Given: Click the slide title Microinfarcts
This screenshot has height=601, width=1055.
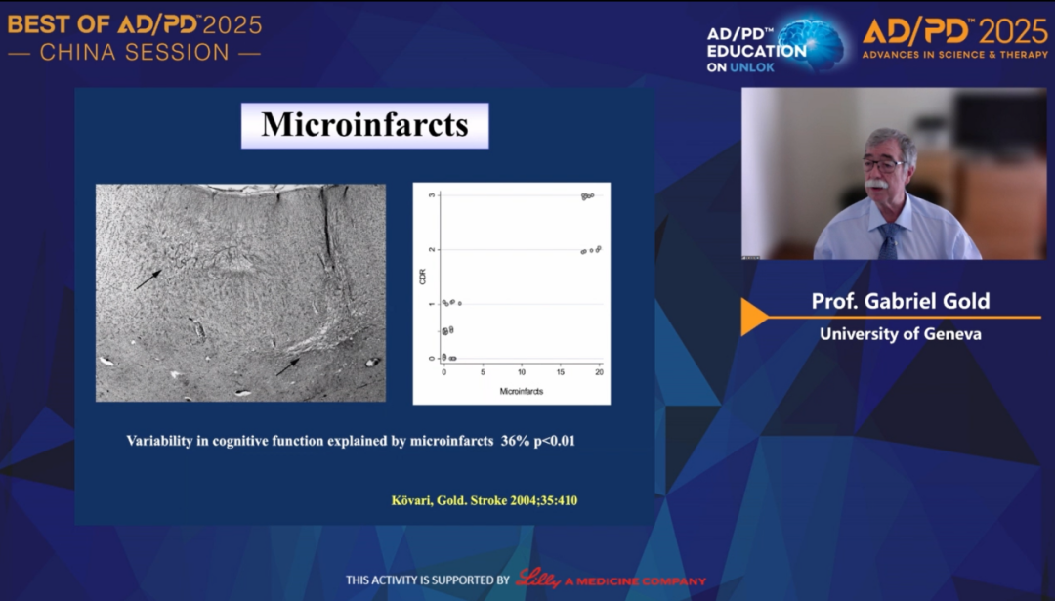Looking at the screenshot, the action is click(364, 125).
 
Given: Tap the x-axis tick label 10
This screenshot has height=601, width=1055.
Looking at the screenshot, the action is click(522, 371).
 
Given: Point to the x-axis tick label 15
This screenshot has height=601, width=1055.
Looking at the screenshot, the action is click(561, 371).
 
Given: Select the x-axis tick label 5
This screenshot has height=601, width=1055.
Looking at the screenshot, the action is click(483, 371).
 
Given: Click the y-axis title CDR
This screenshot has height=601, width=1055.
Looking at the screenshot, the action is click(423, 277).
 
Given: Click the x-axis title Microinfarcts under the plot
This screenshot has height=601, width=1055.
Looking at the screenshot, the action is click(522, 391).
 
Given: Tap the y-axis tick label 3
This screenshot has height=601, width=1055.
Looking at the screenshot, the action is click(432, 195).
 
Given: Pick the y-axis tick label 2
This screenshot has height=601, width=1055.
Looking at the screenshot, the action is click(432, 250).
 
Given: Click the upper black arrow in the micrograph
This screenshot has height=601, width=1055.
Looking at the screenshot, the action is click(148, 279).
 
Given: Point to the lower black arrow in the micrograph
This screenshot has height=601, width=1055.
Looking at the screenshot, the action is click(288, 366).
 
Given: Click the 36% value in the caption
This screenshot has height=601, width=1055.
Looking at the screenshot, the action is click(516, 441).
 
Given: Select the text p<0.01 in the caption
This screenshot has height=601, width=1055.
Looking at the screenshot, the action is click(555, 441).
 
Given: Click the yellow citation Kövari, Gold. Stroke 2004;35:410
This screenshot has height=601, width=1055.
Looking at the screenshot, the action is click(485, 500).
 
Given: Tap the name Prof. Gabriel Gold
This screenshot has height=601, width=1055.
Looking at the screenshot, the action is click(901, 301).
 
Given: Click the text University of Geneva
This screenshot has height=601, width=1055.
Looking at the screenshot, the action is click(901, 334).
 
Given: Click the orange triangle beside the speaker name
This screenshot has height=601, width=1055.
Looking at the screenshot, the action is click(753, 317).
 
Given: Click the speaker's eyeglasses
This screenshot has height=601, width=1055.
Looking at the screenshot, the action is click(882, 165).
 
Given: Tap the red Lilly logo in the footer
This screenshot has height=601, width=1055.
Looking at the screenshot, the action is click(538, 579).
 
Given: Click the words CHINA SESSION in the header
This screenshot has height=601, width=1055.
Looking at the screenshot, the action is click(135, 53).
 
